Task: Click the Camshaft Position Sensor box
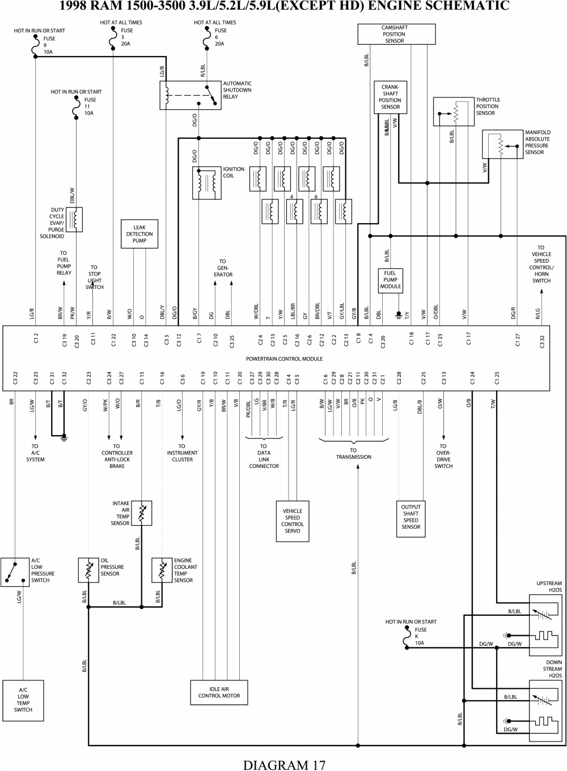[396, 34]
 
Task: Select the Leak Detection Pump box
[139, 234]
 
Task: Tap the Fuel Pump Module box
[390, 280]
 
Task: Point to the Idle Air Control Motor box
[219, 692]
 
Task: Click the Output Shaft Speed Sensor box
[411, 517]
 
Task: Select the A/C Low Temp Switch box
[23, 700]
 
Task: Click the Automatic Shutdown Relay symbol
[191, 96]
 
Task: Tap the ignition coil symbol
[206, 183]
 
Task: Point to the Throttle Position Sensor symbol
[454, 112]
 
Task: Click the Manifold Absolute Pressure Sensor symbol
[502, 145]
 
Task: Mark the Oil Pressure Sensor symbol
[88, 570]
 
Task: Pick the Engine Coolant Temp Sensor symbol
[162, 570]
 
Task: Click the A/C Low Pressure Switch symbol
[15, 572]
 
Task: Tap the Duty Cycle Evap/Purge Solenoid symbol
[74, 220]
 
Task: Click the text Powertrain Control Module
[284, 359]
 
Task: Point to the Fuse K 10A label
[420, 636]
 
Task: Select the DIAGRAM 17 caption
[284, 764]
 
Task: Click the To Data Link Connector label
[264, 456]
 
